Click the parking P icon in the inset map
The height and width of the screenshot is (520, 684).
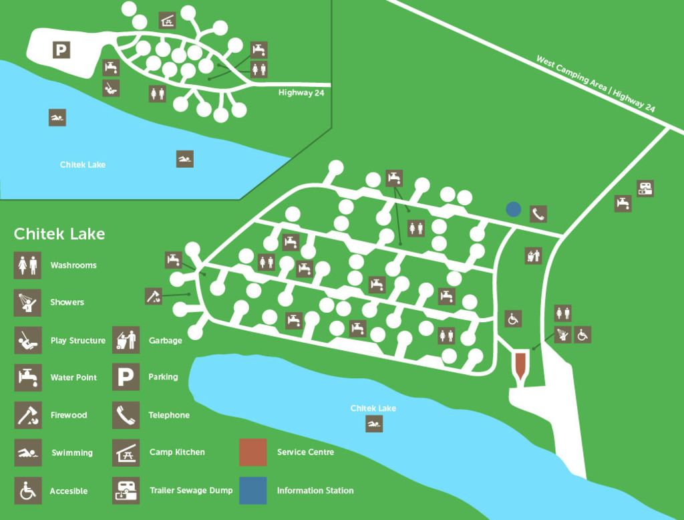(x=61, y=49)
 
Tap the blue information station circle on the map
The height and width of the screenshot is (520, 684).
(x=513, y=209)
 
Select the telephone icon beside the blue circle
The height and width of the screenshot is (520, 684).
(x=538, y=214)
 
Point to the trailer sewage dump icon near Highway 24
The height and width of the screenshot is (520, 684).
(x=645, y=188)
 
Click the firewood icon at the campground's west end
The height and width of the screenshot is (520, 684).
(x=154, y=296)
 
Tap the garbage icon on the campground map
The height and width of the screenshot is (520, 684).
(x=533, y=255)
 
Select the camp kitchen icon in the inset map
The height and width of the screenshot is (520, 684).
(x=168, y=20)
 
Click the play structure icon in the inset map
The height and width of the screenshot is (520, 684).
(x=111, y=88)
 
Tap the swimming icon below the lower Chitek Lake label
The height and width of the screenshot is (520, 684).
(x=374, y=424)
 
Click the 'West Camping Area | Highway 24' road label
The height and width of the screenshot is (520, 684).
(x=595, y=84)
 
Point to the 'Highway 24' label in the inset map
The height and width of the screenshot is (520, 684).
(x=301, y=93)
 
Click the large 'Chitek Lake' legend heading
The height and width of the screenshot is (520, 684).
(x=59, y=234)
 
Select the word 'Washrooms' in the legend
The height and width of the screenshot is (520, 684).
(x=73, y=265)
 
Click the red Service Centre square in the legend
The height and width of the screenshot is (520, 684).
(x=252, y=452)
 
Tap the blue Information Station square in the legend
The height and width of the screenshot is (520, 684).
(x=252, y=491)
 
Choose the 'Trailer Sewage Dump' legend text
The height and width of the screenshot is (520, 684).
(x=191, y=491)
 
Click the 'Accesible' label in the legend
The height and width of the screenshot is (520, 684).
(x=69, y=491)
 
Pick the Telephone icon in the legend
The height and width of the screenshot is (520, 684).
(x=126, y=415)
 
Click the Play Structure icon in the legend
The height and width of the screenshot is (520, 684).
(x=27, y=340)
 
